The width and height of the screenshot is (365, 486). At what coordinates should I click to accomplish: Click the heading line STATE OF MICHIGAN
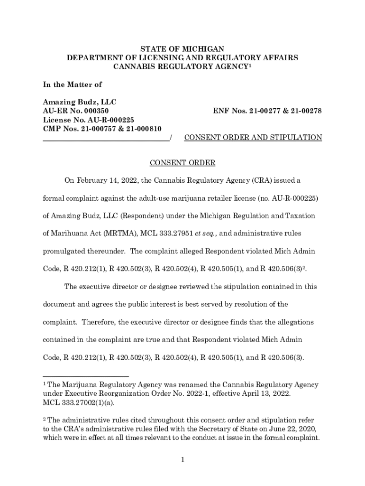[x=182, y=49]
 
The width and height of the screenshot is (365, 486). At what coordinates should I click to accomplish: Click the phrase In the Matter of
[x=72, y=84]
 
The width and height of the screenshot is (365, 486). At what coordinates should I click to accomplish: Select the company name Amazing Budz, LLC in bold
[x=80, y=102]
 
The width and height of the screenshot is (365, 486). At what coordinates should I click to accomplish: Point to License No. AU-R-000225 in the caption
[x=85, y=120]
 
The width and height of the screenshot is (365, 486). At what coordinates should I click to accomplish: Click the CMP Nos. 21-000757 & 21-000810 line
[x=102, y=128]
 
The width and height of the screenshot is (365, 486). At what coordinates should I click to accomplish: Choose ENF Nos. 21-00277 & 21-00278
[x=267, y=111]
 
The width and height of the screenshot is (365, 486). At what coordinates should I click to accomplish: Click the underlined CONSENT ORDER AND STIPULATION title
[x=253, y=138]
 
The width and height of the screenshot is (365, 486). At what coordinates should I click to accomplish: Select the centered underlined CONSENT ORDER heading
[x=182, y=163]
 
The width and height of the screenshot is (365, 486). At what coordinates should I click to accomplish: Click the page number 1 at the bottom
[x=182, y=459]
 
